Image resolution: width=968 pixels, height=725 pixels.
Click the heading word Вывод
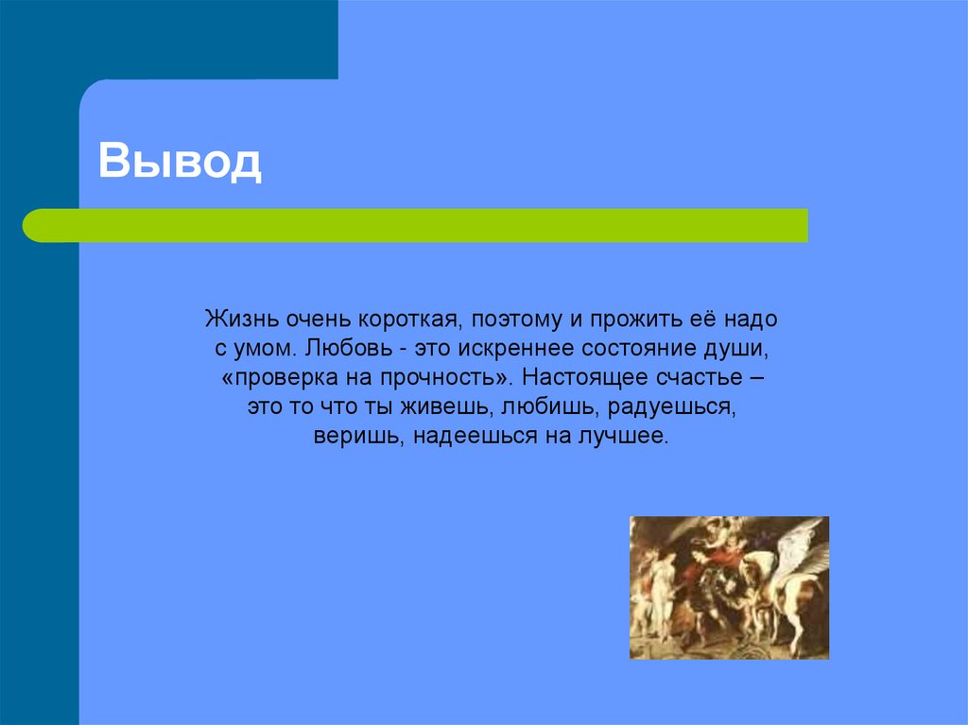click(180, 162)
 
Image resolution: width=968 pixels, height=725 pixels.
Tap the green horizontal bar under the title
click(416, 225)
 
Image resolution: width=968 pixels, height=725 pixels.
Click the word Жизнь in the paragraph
click(236, 319)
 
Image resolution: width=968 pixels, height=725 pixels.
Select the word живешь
click(442, 409)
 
